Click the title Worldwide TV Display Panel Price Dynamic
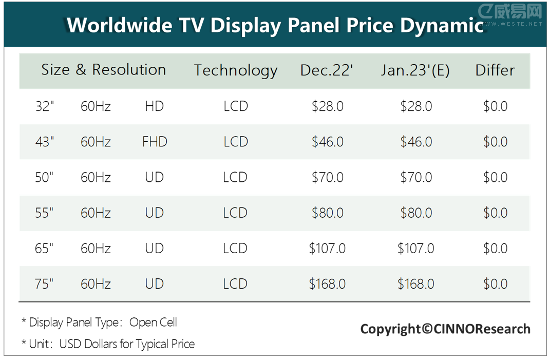275,25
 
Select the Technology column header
236,70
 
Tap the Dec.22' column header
327,70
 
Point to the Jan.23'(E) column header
415,70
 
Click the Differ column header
495,70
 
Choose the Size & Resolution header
104,70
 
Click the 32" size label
45,106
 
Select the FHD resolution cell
155,142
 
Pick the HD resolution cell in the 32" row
154,106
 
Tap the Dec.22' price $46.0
328,142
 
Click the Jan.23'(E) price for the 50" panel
416,177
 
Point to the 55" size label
45,213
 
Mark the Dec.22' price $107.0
327,249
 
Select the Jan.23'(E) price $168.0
416,284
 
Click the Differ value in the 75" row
495,284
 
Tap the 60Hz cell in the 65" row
96,249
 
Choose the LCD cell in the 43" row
236,142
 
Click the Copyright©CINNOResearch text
445,329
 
